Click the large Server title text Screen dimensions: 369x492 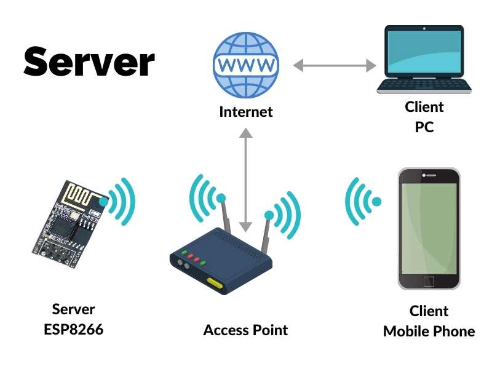tap(89, 61)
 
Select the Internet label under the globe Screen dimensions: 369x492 tap(246, 112)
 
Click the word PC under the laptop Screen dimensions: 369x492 tap(424, 128)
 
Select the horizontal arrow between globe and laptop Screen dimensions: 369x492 tap(334, 65)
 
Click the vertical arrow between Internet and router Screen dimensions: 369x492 tap(246, 178)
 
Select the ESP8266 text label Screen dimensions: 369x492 tap(73, 330)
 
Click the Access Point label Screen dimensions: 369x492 tap(245, 330)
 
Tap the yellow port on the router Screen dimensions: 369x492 tap(215, 284)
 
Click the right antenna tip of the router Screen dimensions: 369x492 tap(269, 215)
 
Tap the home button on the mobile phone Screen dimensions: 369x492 tap(429, 280)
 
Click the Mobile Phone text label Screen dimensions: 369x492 tap(429, 331)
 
